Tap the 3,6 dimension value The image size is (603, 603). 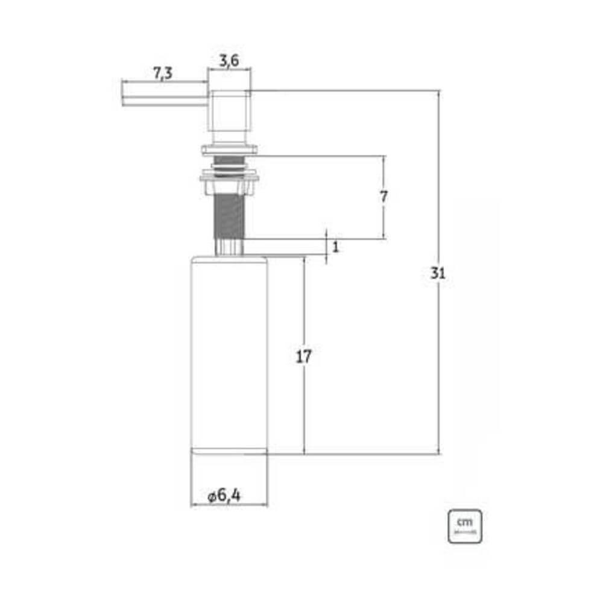tap(229, 60)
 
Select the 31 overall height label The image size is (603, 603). tap(438, 273)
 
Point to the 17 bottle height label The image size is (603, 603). tap(304, 356)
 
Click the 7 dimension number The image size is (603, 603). tap(384, 197)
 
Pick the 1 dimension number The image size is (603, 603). tap(336, 246)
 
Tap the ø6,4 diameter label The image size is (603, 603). tap(224, 496)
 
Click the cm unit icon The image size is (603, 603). tap(464, 526)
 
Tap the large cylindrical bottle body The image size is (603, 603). tap(229, 353)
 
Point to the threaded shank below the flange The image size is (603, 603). tap(229, 214)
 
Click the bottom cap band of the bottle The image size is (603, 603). tap(229, 451)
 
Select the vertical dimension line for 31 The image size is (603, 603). tap(438, 362)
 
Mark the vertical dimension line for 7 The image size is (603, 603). tap(384, 223)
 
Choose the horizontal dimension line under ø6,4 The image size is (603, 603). tap(229, 505)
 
